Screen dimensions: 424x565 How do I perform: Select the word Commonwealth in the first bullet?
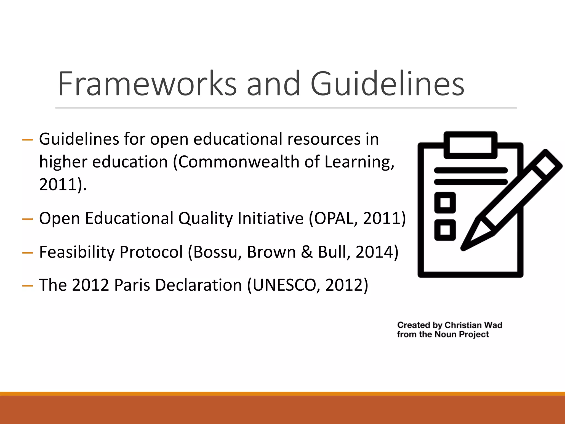click(x=239, y=162)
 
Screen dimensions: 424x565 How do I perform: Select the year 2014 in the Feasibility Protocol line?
click(x=374, y=252)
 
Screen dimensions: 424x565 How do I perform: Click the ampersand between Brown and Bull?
click(x=307, y=252)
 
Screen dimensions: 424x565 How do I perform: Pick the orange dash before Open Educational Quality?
click(x=28, y=219)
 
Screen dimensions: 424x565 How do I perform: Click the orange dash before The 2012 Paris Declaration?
click(x=28, y=286)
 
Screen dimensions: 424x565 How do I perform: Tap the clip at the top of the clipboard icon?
click(x=470, y=145)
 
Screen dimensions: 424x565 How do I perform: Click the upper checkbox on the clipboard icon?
click(x=445, y=203)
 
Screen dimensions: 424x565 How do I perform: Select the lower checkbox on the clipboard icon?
click(x=445, y=230)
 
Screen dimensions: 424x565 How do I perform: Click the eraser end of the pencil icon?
click(x=548, y=163)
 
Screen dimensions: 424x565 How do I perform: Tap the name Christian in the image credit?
click(x=461, y=325)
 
